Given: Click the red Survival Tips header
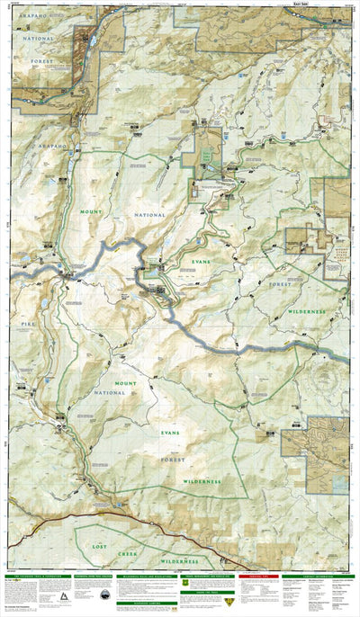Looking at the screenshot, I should (x=256, y=577).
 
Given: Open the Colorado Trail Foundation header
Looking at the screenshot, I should (x=39, y=577).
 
